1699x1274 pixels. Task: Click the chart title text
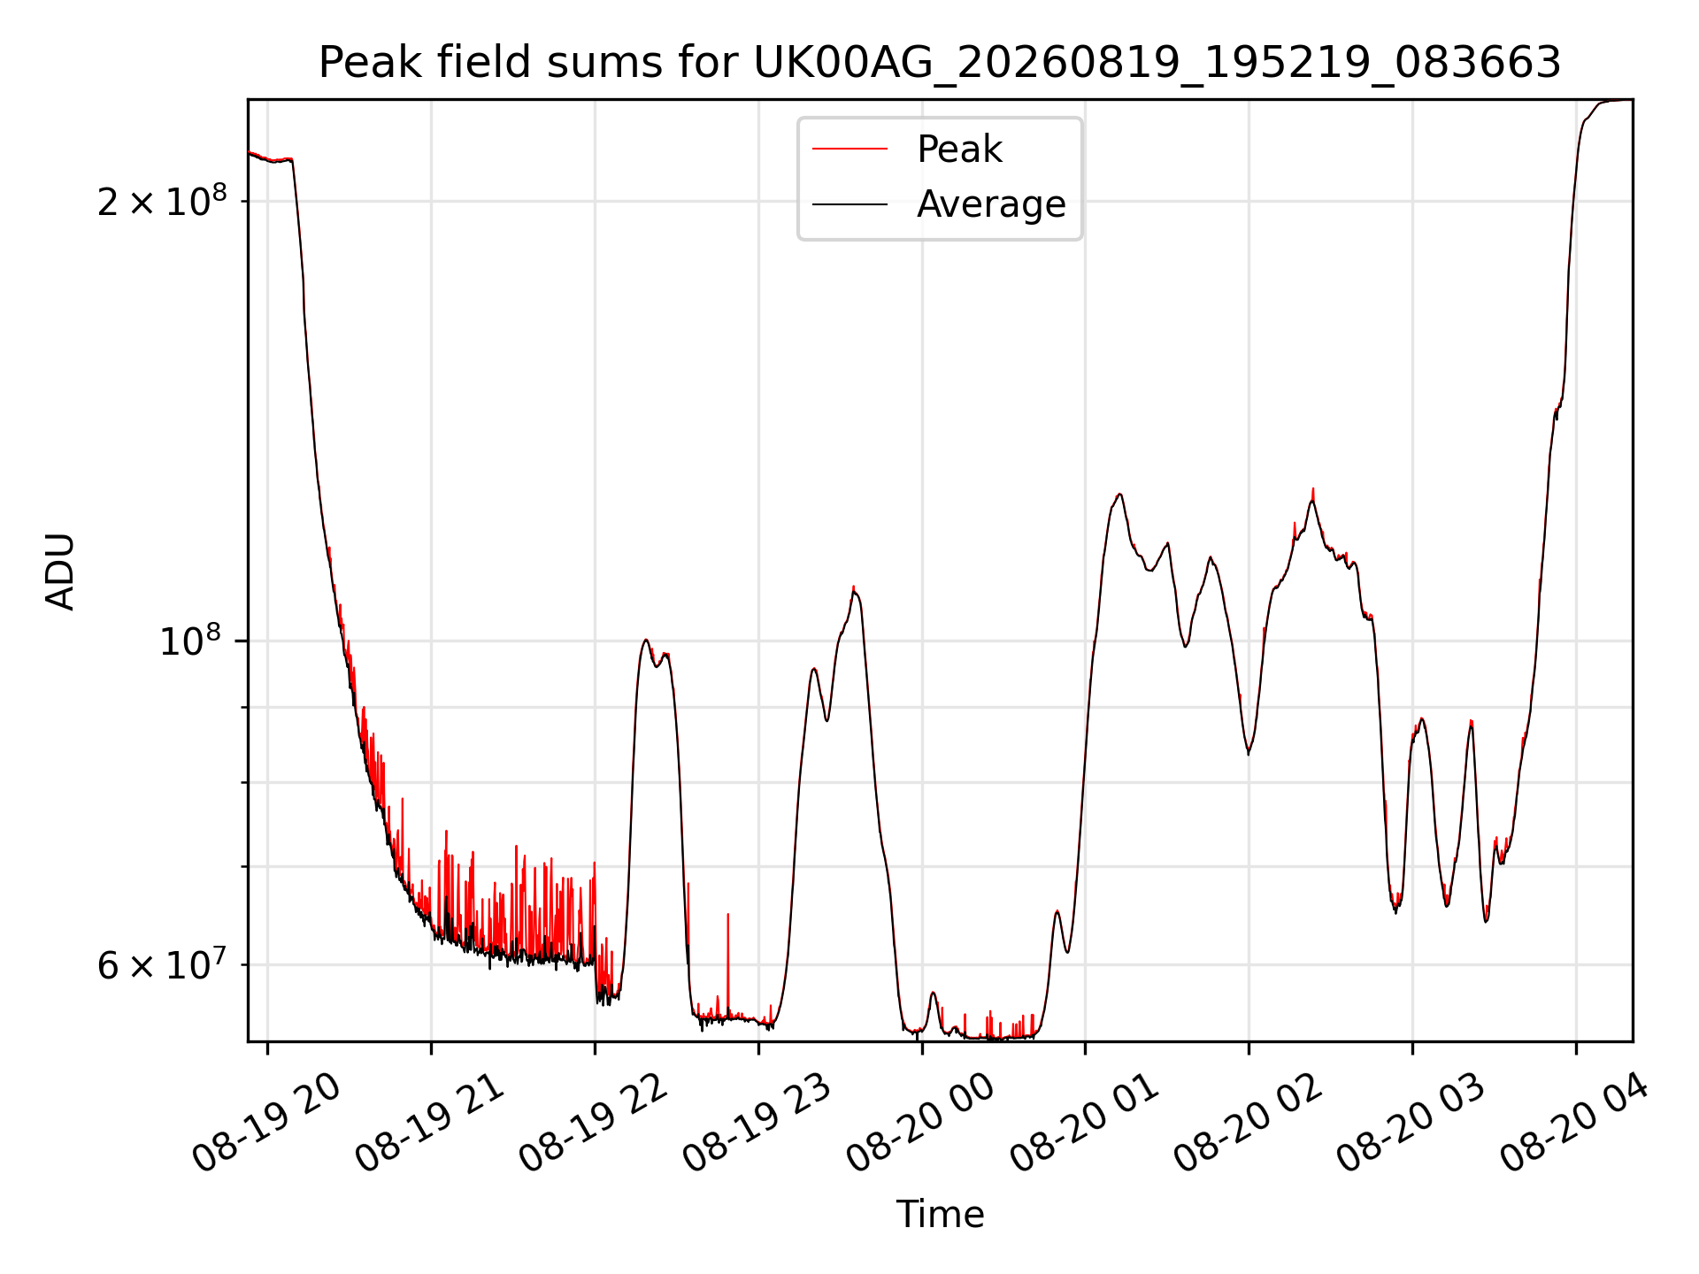click(940, 63)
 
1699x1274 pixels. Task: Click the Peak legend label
click(959, 150)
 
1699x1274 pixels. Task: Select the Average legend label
click(991, 204)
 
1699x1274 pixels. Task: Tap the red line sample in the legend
click(849, 150)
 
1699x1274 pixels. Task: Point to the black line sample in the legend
click(849, 204)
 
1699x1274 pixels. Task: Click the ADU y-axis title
click(60, 571)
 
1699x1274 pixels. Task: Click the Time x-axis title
click(940, 1214)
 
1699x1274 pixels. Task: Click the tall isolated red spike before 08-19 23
click(728, 964)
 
